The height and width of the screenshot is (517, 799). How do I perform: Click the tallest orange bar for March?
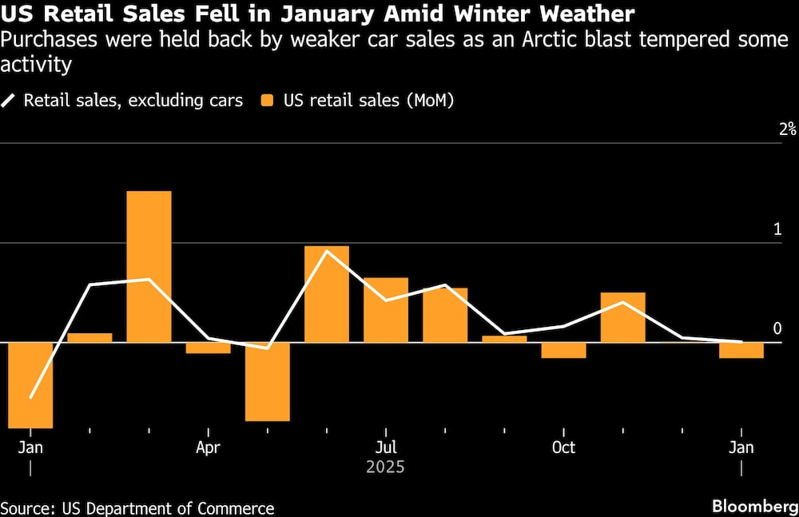149,266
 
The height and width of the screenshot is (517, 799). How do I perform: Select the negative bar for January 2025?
30,385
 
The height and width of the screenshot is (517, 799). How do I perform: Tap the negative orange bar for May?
267,381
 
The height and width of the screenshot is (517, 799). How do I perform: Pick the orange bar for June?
327,293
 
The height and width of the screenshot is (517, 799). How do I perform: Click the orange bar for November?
622,317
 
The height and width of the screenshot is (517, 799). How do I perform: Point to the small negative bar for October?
563,350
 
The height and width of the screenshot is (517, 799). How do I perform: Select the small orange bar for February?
89,338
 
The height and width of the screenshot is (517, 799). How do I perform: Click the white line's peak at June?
327,251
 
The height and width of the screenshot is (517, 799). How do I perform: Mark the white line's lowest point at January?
30,397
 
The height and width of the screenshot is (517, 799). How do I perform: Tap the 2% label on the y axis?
788,129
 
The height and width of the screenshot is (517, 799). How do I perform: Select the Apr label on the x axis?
208,447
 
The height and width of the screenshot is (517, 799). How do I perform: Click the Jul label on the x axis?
385,447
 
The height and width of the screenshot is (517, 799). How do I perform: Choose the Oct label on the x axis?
563,447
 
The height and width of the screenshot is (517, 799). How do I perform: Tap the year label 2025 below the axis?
385,467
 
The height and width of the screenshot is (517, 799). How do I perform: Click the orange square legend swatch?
268,101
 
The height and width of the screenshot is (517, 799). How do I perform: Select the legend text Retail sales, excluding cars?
133,101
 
